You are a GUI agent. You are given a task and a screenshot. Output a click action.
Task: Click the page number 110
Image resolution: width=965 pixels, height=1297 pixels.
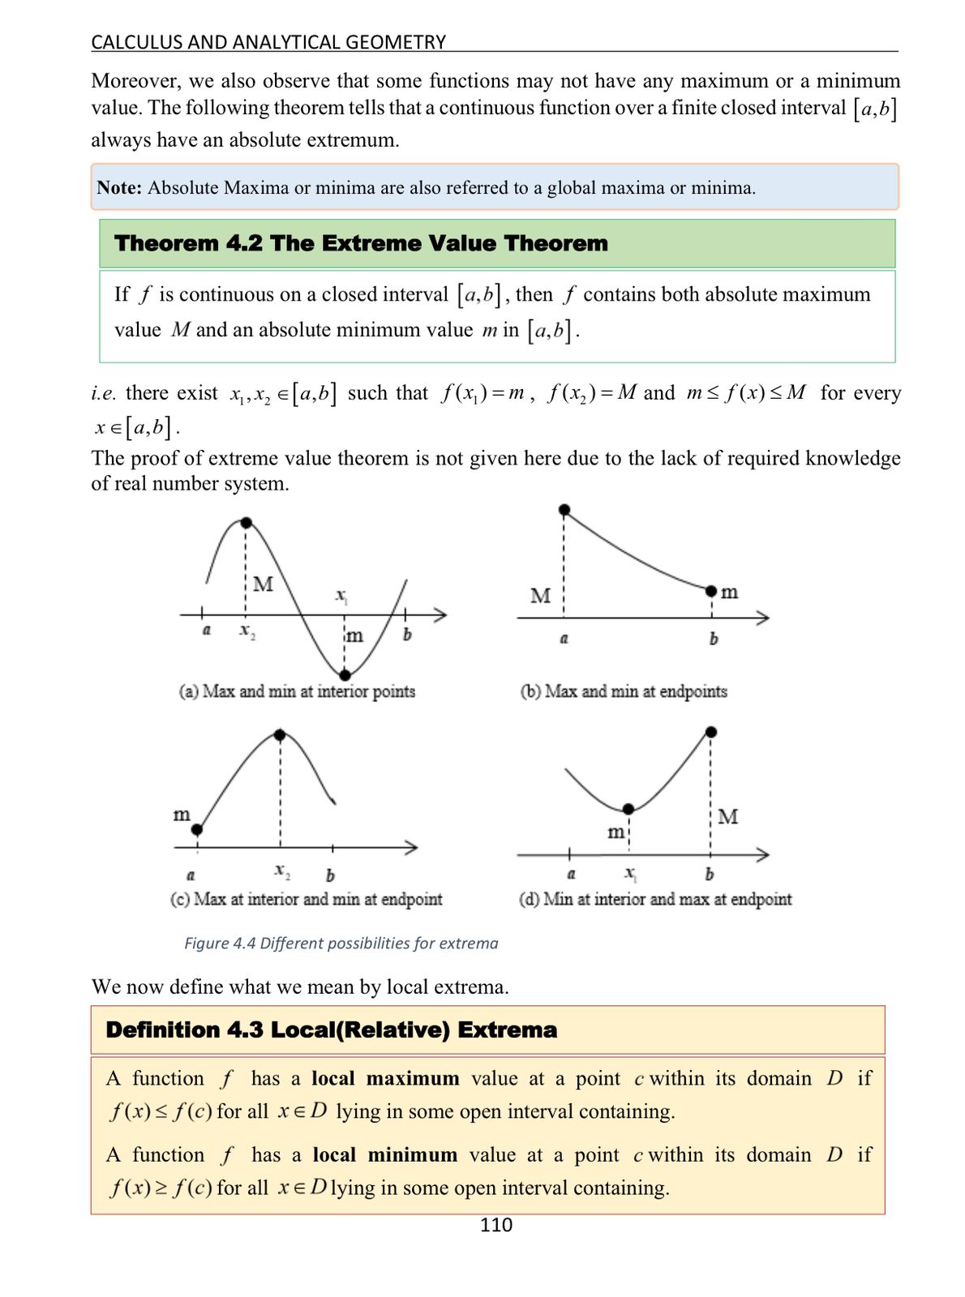coord(495,1224)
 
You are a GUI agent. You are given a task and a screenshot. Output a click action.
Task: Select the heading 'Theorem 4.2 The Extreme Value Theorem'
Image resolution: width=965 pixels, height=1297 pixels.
coord(361,243)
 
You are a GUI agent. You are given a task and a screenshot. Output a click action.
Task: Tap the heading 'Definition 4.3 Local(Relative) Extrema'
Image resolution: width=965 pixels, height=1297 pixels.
coord(331,1029)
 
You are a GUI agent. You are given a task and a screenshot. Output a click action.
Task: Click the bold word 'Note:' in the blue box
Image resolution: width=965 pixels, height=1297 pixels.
coord(119,188)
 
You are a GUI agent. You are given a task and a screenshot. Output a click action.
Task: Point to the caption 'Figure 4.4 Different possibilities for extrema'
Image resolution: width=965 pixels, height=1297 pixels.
coord(341,943)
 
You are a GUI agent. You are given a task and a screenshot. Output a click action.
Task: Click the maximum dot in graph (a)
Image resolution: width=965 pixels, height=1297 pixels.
coord(247,523)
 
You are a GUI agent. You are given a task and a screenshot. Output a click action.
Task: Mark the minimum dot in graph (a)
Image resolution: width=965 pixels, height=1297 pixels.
coord(345,674)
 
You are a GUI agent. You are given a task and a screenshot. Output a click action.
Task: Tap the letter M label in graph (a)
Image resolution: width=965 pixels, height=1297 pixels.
coord(264,584)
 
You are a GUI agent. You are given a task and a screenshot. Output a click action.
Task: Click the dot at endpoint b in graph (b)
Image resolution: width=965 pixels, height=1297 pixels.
coord(710,590)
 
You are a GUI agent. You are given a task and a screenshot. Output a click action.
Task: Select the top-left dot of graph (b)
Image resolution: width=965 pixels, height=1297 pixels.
coord(564,509)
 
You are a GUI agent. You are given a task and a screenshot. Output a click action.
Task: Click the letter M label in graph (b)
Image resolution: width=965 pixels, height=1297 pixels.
coord(540,596)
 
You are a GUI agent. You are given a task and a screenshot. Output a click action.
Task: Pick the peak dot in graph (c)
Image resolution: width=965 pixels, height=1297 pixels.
coord(280,735)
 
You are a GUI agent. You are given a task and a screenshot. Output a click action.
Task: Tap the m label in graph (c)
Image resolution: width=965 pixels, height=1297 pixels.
coord(182,813)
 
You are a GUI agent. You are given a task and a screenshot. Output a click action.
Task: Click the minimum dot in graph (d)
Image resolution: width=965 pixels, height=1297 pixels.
coord(628,809)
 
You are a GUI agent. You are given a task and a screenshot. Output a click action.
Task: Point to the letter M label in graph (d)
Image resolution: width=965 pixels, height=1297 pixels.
coord(728,816)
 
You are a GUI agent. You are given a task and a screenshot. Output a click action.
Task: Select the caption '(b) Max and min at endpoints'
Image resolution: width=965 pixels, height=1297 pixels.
coord(623,691)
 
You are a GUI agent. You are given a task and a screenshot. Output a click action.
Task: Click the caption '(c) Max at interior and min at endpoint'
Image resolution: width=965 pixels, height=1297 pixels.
coord(307,899)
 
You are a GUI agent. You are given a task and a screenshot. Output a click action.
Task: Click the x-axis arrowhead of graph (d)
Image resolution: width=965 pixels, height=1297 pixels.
coord(762,854)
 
